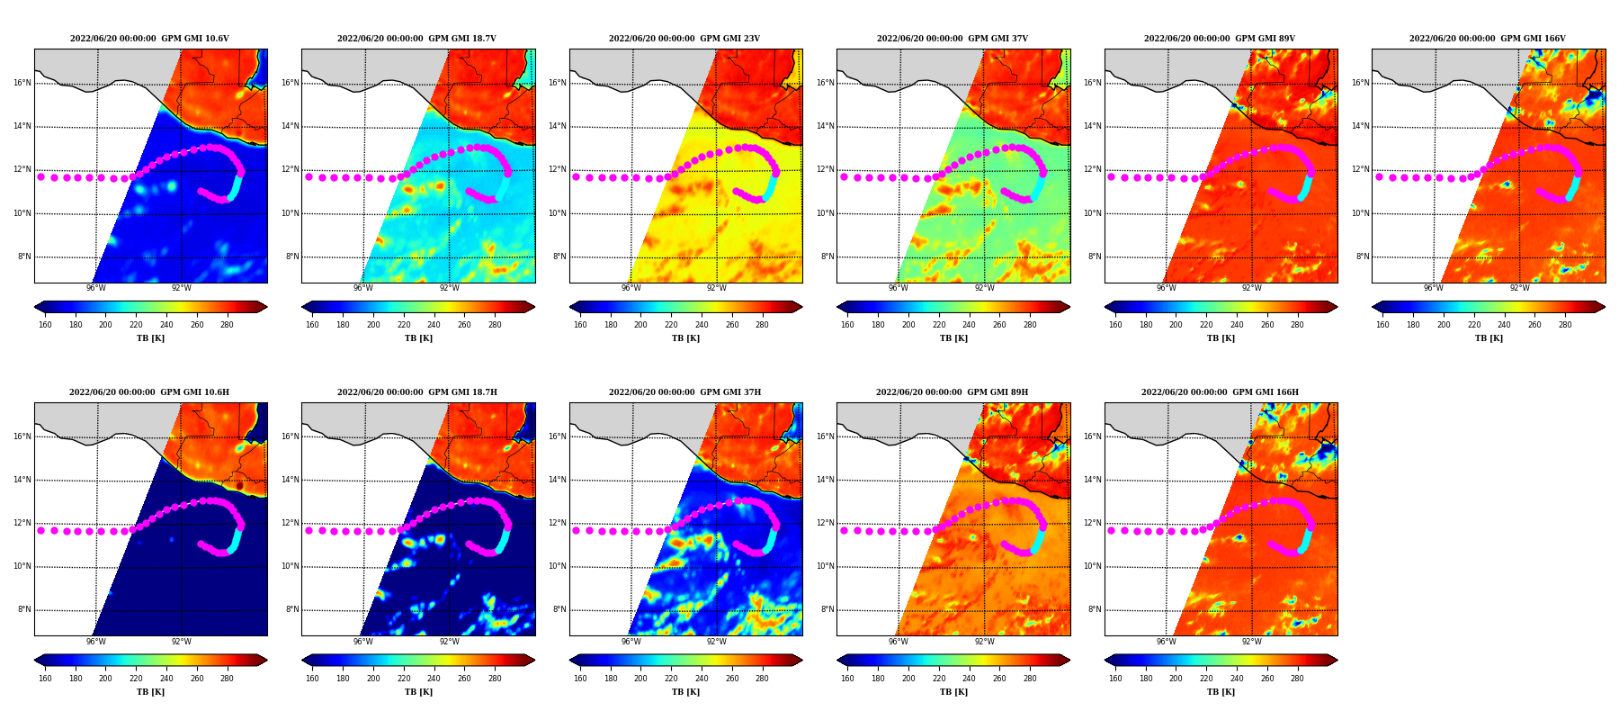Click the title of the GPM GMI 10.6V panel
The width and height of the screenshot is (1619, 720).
pos(149,39)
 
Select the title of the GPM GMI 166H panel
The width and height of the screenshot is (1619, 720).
pos(1220,392)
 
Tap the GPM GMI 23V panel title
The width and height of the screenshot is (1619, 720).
pos(684,39)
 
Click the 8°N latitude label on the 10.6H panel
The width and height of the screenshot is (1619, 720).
pos(24,610)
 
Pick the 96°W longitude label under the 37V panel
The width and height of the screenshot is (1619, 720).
pos(899,289)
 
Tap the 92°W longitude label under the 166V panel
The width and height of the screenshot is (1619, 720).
pos(1519,289)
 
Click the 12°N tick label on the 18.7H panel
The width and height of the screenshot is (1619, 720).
pos(290,523)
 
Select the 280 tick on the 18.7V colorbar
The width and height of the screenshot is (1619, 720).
pos(495,325)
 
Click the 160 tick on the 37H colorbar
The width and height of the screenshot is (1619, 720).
pos(580,679)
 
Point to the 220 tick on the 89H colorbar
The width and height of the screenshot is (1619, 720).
pos(939,679)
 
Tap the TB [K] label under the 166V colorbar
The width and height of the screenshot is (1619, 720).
pos(1489,338)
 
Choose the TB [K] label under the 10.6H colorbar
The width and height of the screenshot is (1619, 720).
pos(150,692)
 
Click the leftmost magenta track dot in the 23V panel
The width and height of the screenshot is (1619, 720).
pos(577,176)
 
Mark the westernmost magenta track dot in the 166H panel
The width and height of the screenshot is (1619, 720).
pos(1111,530)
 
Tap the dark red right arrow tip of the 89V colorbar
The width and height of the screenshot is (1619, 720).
pos(1337,307)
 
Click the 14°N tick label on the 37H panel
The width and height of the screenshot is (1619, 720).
pos(558,480)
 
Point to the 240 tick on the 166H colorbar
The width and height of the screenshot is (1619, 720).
pos(1237,679)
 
